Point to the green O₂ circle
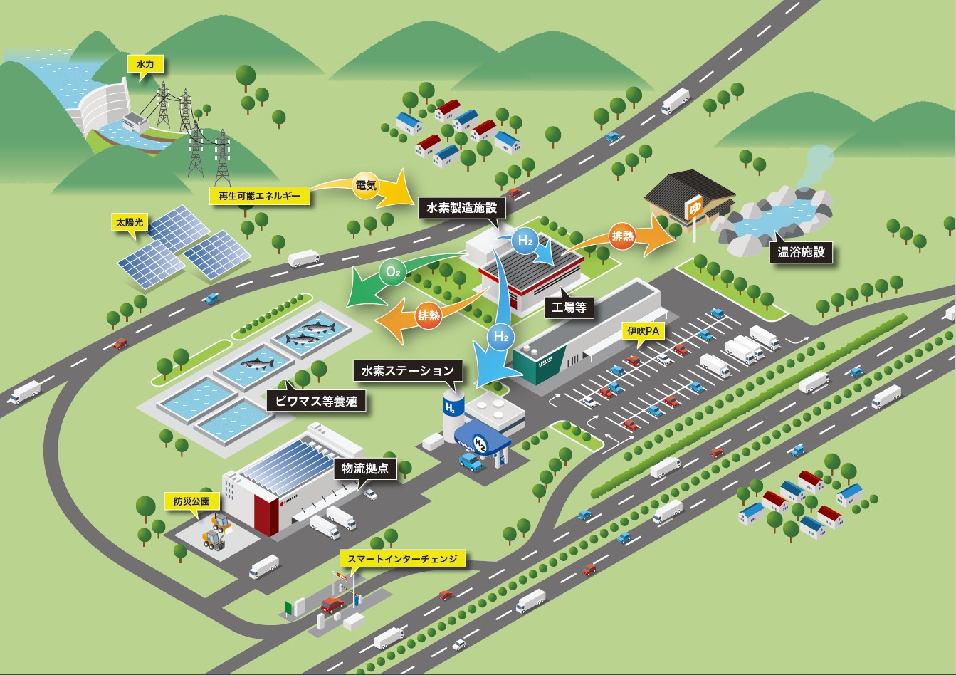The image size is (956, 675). (x=392, y=271)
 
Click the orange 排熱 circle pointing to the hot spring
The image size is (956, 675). (x=623, y=236)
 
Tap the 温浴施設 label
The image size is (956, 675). (x=801, y=251)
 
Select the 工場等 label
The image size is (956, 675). (x=569, y=308)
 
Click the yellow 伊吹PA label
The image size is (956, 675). (x=644, y=331)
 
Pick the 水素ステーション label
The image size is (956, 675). (x=406, y=371)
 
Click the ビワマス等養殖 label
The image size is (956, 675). (x=316, y=401)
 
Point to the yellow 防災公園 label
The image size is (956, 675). (x=191, y=501)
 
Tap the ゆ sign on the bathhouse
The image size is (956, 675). (x=695, y=209)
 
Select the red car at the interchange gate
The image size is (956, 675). (x=332, y=605)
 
